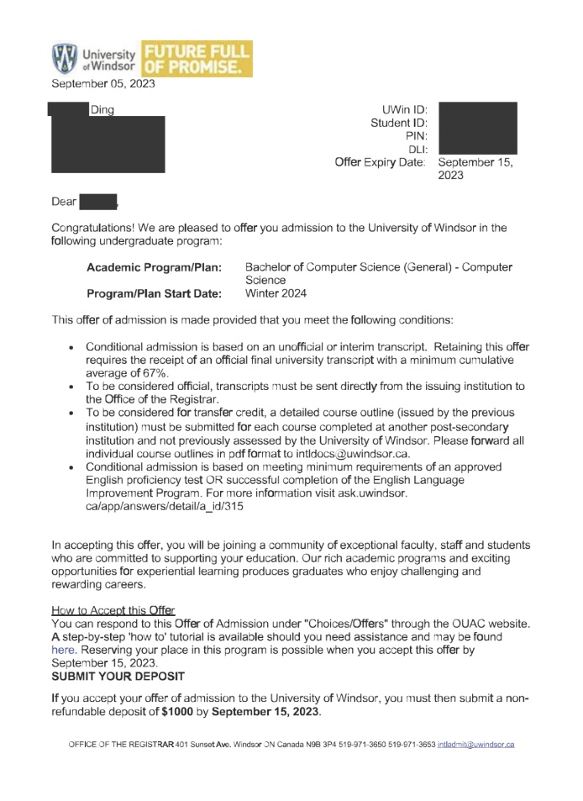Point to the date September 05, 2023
tap(103, 83)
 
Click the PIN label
tap(417, 135)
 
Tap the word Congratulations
tap(95, 228)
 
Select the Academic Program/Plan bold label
tap(154, 266)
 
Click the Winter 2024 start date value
tap(276, 293)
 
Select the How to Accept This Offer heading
tap(113, 609)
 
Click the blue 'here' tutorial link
tap(65, 650)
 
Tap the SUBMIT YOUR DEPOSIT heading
tap(118, 676)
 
